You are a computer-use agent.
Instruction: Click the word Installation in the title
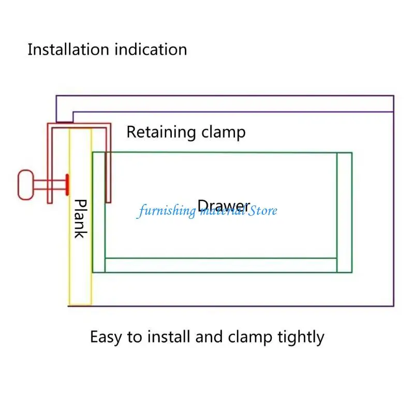pyautogui.click(x=68, y=49)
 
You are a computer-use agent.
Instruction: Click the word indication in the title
pyautogui.click(x=151, y=49)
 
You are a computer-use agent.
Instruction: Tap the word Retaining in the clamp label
pyautogui.click(x=161, y=132)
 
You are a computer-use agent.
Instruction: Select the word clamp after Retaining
pyautogui.click(x=224, y=132)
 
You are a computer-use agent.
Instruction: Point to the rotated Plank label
pyautogui.click(x=80, y=218)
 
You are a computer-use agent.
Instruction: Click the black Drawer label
pyautogui.click(x=224, y=205)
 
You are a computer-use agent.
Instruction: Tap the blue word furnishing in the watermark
pyautogui.click(x=166, y=211)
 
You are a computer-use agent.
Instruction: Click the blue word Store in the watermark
pyautogui.click(x=263, y=211)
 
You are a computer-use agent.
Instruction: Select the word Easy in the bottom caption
pyautogui.click(x=106, y=337)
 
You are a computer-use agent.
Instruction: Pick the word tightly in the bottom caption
pyautogui.click(x=301, y=337)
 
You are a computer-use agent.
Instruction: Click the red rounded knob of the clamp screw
pyautogui.click(x=25, y=185)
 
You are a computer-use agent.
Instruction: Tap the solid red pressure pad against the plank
pyautogui.click(x=67, y=185)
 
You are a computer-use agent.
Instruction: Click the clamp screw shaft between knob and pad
pyautogui.click(x=50, y=185)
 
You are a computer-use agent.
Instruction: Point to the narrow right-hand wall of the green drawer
pyautogui.click(x=344, y=212)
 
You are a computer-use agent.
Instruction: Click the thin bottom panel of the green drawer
pyautogui.click(x=221, y=265)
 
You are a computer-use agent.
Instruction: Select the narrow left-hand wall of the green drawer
pyautogui.click(x=99, y=212)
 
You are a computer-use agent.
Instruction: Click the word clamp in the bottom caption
pyautogui.click(x=250, y=337)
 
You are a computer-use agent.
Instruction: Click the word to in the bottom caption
pyautogui.click(x=135, y=337)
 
